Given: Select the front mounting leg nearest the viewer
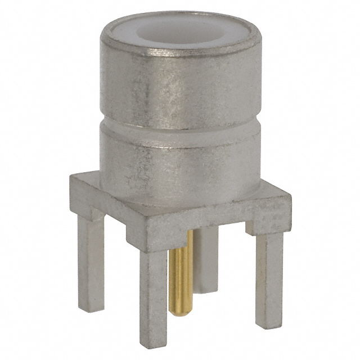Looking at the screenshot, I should tap(153, 292).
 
